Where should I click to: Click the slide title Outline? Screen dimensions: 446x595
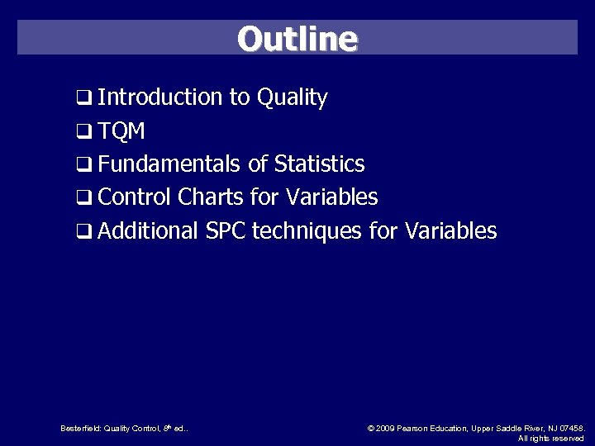click(x=297, y=38)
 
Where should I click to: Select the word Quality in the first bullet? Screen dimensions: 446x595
click(x=293, y=97)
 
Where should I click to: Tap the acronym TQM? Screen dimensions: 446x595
click(x=121, y=131)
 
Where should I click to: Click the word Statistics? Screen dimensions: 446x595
click(x=319, y=164)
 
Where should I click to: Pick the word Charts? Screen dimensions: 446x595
click(x=208, y=197)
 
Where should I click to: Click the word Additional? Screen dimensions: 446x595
click(x=148, y=230)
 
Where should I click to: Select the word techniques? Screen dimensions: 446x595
click(x=307, y=231)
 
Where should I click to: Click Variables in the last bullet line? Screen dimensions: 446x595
click(x=450, y=230)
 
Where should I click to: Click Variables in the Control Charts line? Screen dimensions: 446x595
click(x=331, y=197)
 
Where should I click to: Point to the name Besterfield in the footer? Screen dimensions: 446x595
click(x=80, y=428)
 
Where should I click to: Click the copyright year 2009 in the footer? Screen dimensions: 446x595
click(x=385, y=428)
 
